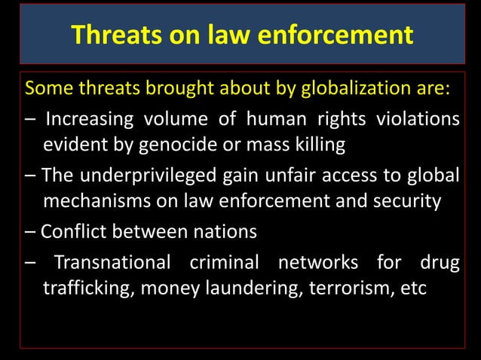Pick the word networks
[317, 262]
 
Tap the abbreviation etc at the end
[413, 289]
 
